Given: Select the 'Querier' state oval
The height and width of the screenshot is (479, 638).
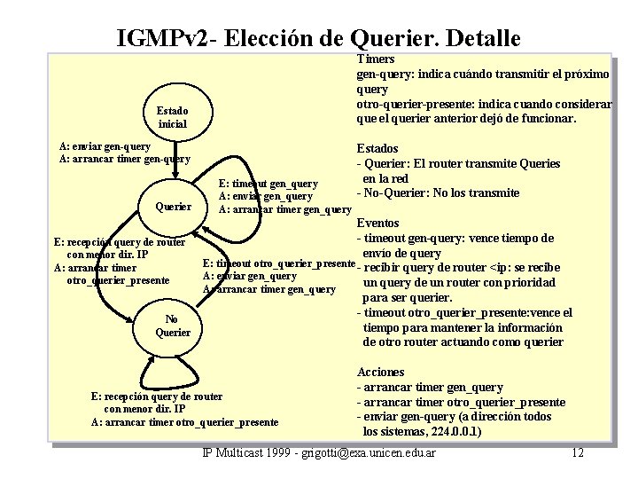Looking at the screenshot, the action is tap(173, 206).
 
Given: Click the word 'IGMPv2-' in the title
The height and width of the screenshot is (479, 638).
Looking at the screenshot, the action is tap(167, 39).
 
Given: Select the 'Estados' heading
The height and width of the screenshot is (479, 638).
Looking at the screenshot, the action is tap(377, 148).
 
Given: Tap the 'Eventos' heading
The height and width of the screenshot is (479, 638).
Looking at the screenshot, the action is tap(377, 223).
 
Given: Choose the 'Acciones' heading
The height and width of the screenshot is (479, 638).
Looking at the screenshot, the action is tap(380, 372).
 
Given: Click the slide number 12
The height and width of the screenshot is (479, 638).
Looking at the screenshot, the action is tap(577, 453).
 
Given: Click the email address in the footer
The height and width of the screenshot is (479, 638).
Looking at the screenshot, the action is tap(370, 453).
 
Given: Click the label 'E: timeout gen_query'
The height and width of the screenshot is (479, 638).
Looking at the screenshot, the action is tap(268, 183).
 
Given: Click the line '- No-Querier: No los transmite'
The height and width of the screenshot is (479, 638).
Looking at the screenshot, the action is tap(438, 193).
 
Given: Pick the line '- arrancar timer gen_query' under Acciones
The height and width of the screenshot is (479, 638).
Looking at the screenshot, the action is tap(430, 387).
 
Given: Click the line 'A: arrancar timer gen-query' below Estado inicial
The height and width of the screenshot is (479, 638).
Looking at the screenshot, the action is tap(124, 160).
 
